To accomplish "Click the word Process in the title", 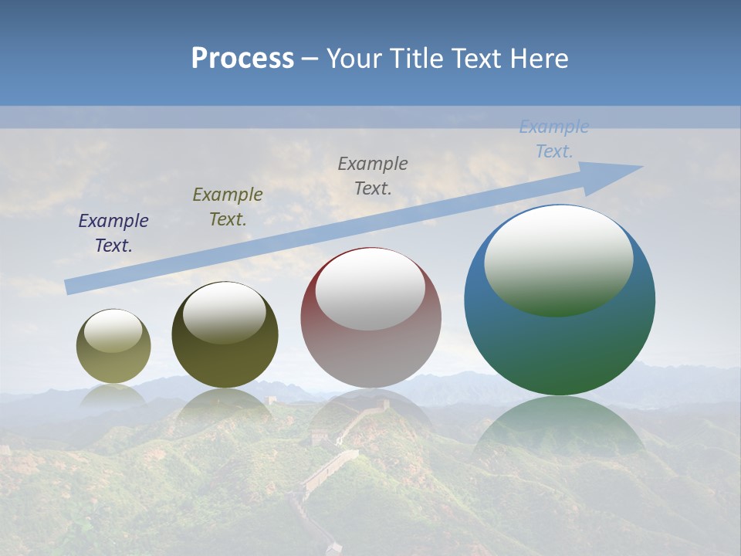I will [242, 59].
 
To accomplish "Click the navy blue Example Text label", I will [113, 233].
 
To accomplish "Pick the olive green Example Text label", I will [228, 207].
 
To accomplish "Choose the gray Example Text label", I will [373, 176].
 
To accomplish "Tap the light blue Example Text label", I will [554, 139].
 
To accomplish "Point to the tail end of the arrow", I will [69, 286].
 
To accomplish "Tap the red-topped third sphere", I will [370, 347].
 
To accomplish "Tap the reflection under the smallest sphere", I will [113, 395].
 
